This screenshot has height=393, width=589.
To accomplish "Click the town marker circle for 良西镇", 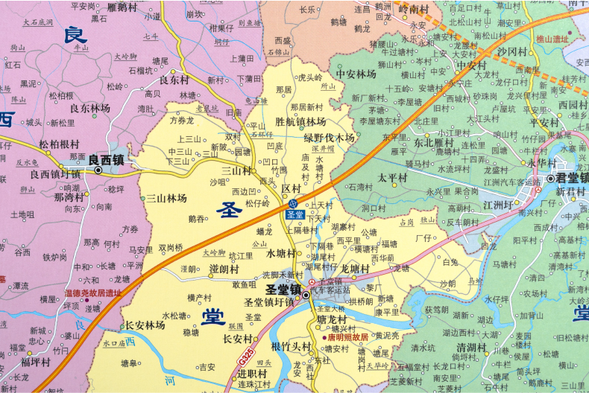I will pos(98,170).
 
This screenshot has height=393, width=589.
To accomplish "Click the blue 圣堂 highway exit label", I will pos(294,214).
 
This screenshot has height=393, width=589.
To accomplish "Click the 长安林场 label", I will pos(145,325).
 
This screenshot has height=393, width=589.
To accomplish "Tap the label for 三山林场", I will pos(166,198).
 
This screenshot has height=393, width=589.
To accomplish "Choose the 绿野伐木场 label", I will pos(329,138).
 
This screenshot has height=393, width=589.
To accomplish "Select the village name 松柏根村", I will pos(59,144).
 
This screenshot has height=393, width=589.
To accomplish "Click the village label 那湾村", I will pos(69,199).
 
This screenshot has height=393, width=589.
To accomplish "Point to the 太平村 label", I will pos(392,178).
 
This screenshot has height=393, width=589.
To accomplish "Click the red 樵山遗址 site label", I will pos(552,38).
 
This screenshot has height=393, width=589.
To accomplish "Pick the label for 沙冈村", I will pos(512,51).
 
